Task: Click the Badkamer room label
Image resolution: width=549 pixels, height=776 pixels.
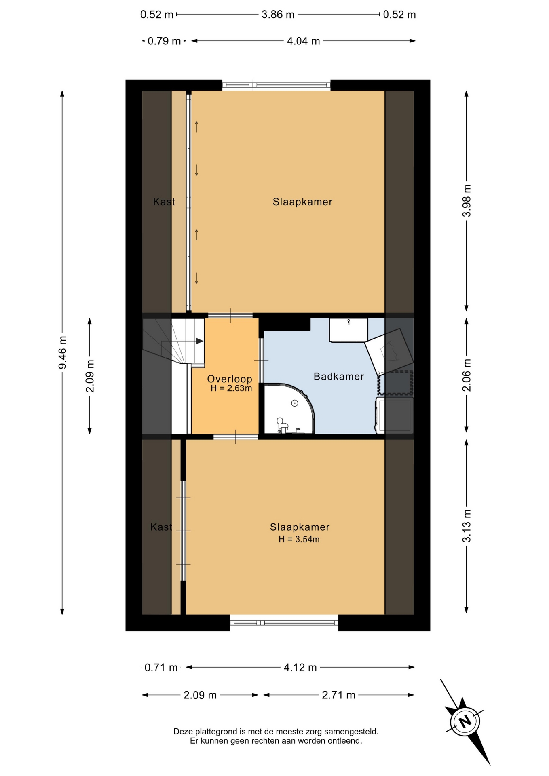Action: tap(339, 376)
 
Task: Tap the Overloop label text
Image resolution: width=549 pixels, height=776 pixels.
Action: tap(230, 379)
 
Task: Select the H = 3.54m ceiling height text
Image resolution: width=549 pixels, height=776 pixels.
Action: tap(299, 539)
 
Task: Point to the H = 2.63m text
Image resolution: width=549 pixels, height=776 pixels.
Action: tap(231, 388)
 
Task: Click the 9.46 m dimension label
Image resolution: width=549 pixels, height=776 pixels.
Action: tap(63, 352)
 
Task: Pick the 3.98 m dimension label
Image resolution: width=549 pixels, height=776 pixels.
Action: tap(467, 200)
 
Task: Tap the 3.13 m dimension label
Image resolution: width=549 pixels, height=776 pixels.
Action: tap(467, 526)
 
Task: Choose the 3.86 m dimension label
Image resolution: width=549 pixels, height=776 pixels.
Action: tap(278, 15)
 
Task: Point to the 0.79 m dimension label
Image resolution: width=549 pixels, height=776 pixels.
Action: tap(164, 41)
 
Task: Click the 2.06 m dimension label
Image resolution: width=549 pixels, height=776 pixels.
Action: tap(467, 375)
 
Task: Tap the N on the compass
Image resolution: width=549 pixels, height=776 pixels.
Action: tap(465, 721)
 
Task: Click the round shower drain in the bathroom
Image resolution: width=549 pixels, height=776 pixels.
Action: tap(295, 403)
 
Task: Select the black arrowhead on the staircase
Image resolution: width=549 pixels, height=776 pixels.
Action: tap(200, 341)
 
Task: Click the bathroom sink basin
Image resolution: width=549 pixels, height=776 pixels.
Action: tap(348, 330)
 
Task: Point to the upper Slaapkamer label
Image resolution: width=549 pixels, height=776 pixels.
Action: tap(302, 202)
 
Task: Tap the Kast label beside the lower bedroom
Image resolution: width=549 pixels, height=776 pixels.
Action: tap(161, 527)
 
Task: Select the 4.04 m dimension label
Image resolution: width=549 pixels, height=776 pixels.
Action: tap(303, 41)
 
